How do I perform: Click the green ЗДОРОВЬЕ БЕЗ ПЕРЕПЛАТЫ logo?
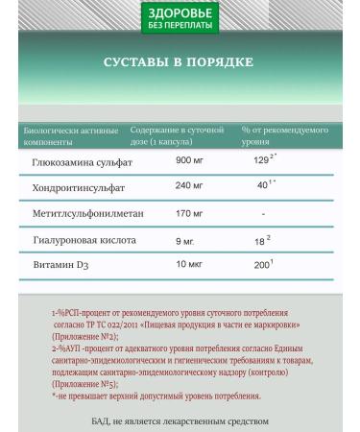(x=180, y=16)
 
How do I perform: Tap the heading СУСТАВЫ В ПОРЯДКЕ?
(x=180, y=62)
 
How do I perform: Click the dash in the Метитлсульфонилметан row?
(x=263, y=212)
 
